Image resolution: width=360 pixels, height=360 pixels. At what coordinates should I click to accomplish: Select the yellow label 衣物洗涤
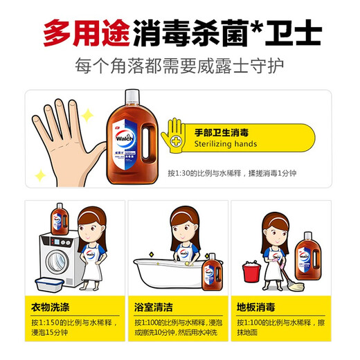pyautogui.click(x=51, y=306)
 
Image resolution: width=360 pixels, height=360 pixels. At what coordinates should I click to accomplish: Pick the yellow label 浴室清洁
pyautogui.click(x=156, y=306)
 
